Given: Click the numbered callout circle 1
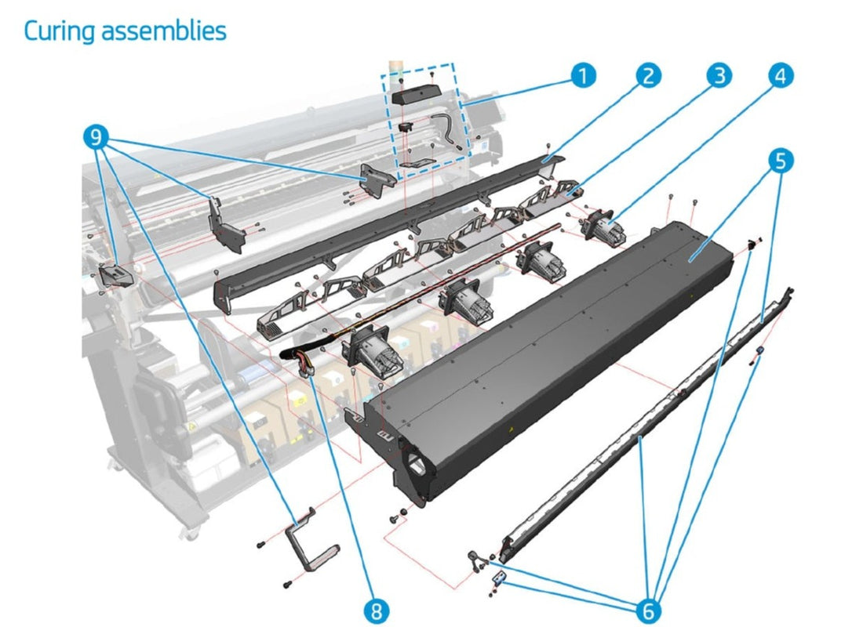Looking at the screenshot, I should [581, 76].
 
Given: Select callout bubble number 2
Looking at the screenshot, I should [647, 76].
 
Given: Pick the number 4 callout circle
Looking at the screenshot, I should [780, 75].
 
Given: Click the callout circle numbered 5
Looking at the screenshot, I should [780, 161].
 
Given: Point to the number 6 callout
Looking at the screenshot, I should [650, 609].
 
